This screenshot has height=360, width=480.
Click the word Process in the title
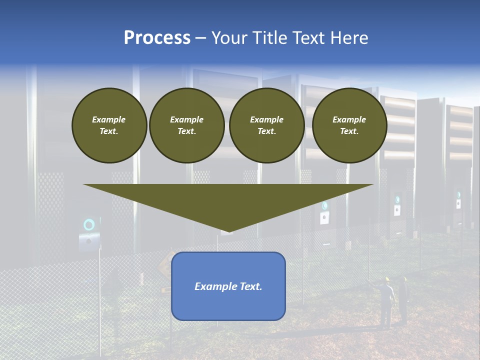(x=157, y=38)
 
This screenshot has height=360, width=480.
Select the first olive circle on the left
(x=109, y=125)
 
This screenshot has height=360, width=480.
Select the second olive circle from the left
(x=186, y=125)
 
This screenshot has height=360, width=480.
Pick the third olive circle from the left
(x=266, y=125)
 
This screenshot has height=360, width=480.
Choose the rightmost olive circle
(x=349, y=125)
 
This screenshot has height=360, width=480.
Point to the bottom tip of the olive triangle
(x=228, y=232)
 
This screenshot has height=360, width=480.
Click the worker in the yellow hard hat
(x=386, y=300)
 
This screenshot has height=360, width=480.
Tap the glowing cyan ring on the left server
(x=89, y=224)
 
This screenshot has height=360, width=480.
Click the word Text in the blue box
(x=251, y=286)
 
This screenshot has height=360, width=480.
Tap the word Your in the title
(x=230, y=38)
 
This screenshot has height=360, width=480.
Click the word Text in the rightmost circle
(x=349, y=131)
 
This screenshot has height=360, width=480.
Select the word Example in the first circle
(x=109, y=119)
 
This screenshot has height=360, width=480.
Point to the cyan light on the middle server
(x=325, y=205)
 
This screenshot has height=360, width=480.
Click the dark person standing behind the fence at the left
(x=114, y=290)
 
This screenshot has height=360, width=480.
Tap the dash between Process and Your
(x=200, y=38)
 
